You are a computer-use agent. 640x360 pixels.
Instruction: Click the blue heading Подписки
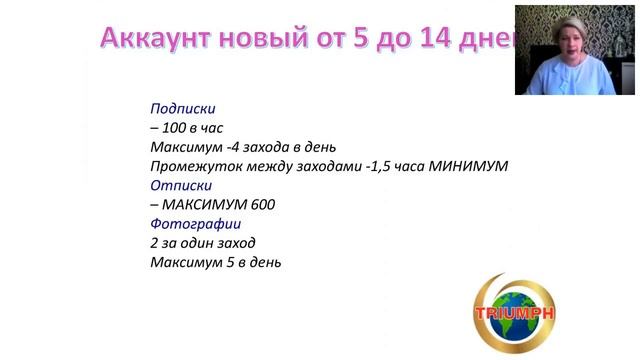pos(183,108)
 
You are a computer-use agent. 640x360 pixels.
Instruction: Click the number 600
pos(262,205)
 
